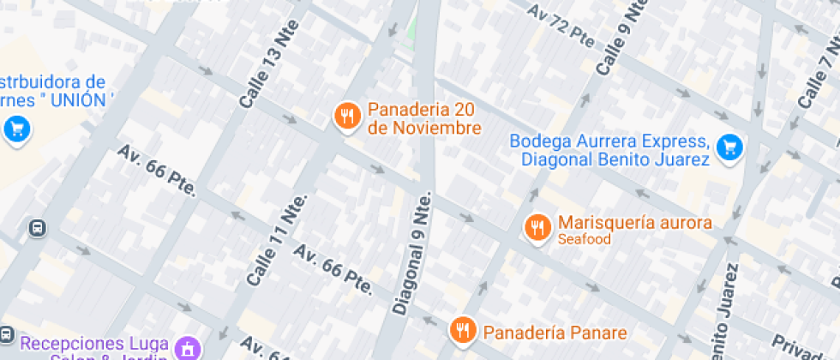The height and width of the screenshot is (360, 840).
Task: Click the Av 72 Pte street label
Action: (561, 24)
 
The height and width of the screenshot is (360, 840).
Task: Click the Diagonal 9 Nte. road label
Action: (412, 253)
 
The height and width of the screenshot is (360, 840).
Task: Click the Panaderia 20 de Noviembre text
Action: (423, 119)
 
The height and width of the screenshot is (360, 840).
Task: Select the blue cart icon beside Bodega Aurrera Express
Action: (729, 147)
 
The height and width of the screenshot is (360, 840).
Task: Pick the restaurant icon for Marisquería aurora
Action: (537, 226)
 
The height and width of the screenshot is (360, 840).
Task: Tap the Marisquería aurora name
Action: (634, 223)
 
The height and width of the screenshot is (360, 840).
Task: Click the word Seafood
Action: (585, 240)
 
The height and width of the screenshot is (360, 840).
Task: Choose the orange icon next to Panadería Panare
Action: (463, 330)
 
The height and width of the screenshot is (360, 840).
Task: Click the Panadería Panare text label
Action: (555, 333)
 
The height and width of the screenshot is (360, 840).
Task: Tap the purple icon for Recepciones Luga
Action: (186, 348)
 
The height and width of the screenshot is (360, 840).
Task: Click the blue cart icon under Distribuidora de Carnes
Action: (17, 130)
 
